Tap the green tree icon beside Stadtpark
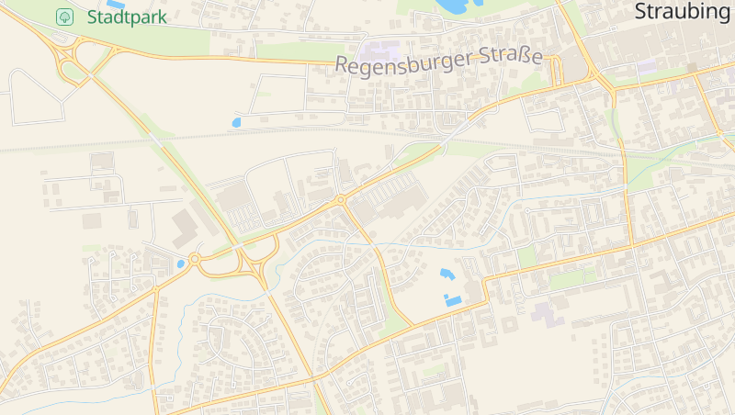pos(64,17)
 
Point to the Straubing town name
pos(682,12)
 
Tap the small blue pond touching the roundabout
pos(181,263)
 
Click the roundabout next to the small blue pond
pos(194,259)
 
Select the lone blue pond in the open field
pos(236,121)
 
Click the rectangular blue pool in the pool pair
pos(453,300)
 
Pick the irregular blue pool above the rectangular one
pos(447,274)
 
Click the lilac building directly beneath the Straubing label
pos(647,67)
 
